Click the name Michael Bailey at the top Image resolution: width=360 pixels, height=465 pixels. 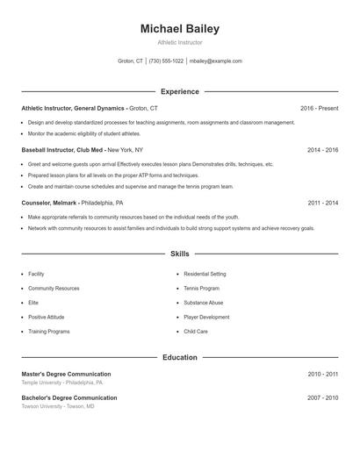click(179, 29)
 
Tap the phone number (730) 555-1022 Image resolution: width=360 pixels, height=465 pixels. click(166, 61)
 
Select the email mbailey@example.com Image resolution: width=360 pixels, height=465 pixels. click(215, 61)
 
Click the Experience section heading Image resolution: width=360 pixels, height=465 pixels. click(179, 91)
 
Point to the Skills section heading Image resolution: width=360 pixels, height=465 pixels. click(179, 254)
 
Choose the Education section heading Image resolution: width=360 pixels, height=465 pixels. click(179, 358)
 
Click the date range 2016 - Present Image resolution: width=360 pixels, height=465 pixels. click(319, 108)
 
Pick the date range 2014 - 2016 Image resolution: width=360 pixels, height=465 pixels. click(322, 150)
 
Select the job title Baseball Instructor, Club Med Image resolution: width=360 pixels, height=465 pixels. click(63, 150)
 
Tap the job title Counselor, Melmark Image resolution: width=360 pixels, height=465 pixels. click(54, 203)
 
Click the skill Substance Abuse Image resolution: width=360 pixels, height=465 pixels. click(203, 303)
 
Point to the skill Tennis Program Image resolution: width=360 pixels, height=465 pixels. click(201, 289)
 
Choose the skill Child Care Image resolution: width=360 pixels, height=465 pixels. click(195, 332)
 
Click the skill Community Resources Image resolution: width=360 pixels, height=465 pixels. click(54, 289)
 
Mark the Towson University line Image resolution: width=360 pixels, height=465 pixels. click(58, 406)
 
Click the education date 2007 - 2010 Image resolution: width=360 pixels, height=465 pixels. click(322, 398)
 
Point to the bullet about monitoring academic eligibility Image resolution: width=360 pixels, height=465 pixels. click(83, 133)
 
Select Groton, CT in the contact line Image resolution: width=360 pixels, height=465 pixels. click(131, 61)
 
